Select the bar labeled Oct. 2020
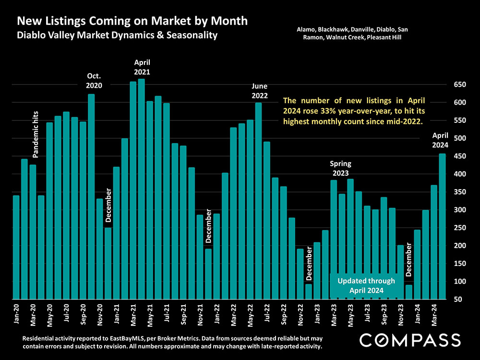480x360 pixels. (91, 197)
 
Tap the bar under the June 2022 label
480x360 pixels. (258, 202)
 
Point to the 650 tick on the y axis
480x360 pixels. (459, 84)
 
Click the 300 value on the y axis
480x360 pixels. (459, 210)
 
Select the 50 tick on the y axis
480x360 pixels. (459, 300)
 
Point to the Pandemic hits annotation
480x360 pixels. (36, 135)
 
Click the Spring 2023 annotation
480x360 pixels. (338, 169)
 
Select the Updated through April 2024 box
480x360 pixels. (366, 286)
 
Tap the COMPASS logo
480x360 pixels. (410, 340)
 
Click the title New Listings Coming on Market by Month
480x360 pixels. (132, 21)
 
